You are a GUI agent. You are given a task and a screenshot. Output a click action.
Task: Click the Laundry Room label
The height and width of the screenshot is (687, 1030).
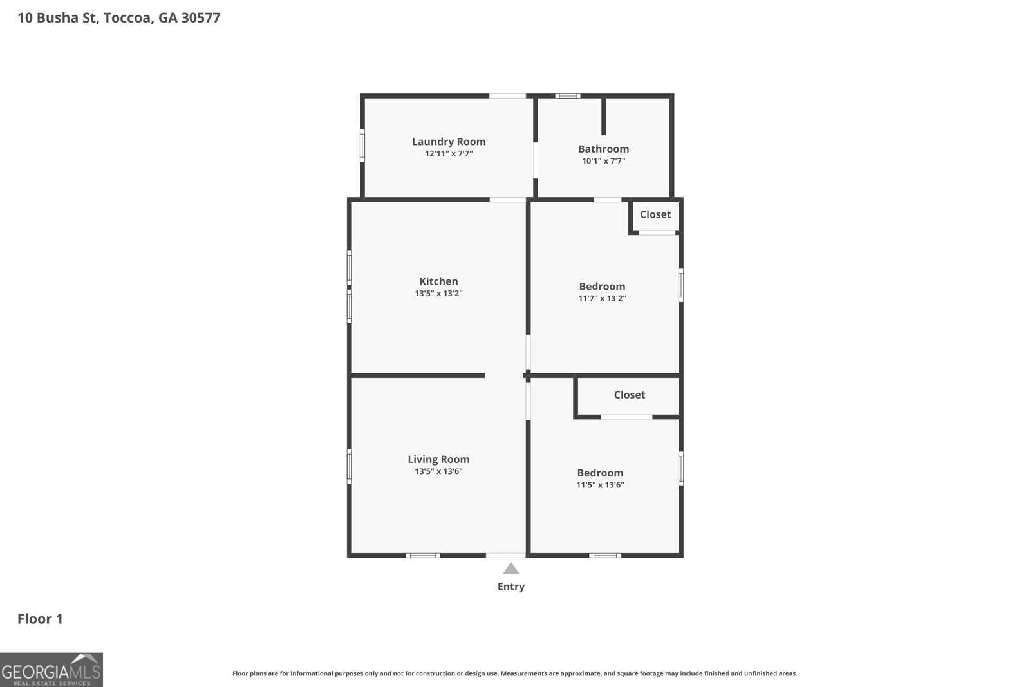(449, 142)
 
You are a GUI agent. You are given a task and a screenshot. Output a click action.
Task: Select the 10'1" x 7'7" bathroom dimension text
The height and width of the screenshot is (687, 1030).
(603, 161)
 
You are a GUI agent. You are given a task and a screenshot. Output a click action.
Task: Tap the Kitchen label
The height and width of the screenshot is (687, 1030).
(438, 281)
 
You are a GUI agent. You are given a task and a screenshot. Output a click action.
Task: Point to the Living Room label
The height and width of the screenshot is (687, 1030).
(438, 459)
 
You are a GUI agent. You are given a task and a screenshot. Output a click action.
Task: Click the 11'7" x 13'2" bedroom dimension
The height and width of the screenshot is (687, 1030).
(602, 298)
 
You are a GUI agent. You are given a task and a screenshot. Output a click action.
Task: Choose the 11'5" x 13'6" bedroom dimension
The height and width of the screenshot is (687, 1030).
(600, 485)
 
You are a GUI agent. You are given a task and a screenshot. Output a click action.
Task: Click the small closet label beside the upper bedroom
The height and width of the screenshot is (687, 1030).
(655, 214)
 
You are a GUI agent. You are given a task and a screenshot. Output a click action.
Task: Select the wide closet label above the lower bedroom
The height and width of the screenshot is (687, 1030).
(629, 395)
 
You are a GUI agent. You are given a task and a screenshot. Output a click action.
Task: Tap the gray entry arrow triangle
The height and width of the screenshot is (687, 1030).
(510, 569)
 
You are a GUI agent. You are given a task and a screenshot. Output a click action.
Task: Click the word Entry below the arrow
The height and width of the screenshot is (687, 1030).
(510, 587)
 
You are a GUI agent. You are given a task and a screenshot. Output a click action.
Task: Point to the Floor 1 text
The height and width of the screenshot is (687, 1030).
(40, 619)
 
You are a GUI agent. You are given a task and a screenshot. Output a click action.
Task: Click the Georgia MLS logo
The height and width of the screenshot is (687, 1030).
(51, 670)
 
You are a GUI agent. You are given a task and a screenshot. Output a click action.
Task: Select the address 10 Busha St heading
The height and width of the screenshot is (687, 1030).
(118, 17)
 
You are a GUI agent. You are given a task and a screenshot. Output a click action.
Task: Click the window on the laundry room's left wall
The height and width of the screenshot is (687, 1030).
(362, 146)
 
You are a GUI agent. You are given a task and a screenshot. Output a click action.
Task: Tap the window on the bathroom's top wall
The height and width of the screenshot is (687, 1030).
(567, 96)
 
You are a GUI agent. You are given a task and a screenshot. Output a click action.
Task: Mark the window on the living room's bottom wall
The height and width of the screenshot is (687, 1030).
(422, 555)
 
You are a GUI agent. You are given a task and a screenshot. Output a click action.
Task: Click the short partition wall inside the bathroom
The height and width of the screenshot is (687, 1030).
(604, 116)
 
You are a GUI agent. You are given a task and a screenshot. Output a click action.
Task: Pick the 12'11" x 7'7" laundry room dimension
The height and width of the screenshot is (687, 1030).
(449, 154)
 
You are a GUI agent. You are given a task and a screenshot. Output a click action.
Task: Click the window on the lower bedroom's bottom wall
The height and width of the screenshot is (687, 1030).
(604, 555)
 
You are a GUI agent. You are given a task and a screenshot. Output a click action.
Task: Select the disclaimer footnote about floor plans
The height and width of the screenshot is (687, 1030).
(514, 673)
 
